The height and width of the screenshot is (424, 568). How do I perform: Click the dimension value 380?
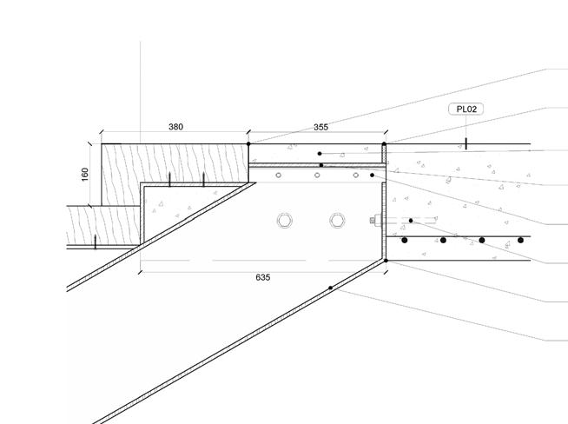click(175, 127)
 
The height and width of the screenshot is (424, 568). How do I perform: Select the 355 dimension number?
click(320, 127)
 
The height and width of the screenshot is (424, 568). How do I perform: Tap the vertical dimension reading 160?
click(84, 174)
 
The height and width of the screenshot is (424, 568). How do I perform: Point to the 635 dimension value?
click(263, 277)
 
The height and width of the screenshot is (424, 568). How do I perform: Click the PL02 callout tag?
click(466, 109)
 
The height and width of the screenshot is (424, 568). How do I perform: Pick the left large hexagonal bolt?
click(283, 220)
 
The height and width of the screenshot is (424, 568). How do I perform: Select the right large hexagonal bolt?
click(337, 220)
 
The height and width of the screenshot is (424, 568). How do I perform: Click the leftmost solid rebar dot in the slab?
click(405, 240)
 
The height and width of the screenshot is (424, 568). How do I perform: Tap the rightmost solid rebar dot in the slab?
click(521, 240)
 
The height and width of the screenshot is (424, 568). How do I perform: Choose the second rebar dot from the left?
click(443, 240)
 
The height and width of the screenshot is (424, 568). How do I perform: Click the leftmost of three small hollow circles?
click(278, 176)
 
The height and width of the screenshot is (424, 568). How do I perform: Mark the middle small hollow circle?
click(317, 176)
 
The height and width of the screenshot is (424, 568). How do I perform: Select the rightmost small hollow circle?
click(355, 176)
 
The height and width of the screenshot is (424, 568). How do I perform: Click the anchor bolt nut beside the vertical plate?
click(375, 221)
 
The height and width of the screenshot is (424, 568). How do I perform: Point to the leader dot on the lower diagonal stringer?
click(330, 288)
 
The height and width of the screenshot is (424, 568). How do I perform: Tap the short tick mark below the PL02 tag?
click(466, 143)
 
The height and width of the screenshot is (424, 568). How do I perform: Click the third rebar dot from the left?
click(482, 240)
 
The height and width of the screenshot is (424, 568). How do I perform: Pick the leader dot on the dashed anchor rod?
click(411, 221)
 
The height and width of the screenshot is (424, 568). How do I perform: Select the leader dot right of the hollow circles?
click(373, 176)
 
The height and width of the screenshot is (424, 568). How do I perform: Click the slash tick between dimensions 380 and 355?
click(248, 143)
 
